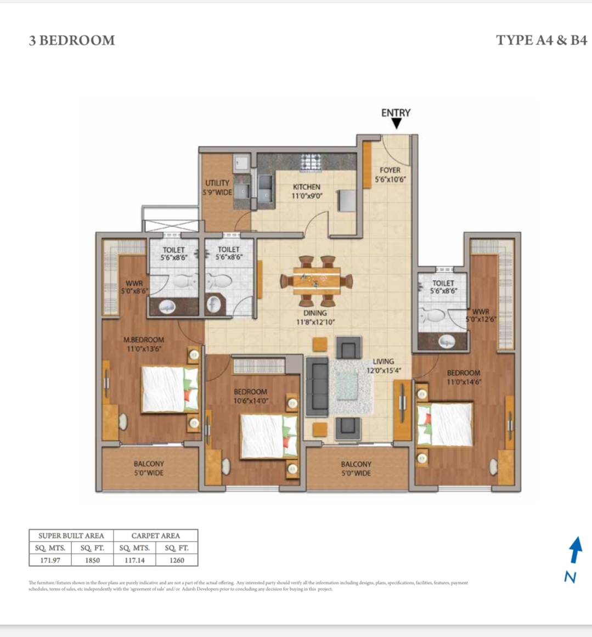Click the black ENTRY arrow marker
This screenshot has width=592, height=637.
tap(396, 125)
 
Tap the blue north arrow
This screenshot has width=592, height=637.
tap(574, 550)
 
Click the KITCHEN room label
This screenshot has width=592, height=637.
tap(306, 187)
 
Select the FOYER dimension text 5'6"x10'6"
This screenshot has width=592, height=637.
tap(390, 179)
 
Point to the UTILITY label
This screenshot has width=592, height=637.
tap(217, 183)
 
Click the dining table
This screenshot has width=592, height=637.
tap(317, 280)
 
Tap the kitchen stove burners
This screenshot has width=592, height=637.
tap(310, 162)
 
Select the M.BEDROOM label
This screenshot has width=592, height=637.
tap(143, 340)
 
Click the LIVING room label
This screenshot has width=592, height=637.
tap(383, 362)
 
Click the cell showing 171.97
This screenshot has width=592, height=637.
tap(50, 560)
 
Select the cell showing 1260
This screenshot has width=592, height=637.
tap(177, 560)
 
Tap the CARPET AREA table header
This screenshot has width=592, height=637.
tap(155, 535)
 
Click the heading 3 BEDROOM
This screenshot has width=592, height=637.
tap(72, 41)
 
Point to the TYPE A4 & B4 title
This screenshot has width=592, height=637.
tap(541, 40)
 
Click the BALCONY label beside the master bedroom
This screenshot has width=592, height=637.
tap(149, 464)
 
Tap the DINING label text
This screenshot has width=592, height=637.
tap(315, 313)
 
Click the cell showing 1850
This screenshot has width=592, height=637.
tap(93, 560)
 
